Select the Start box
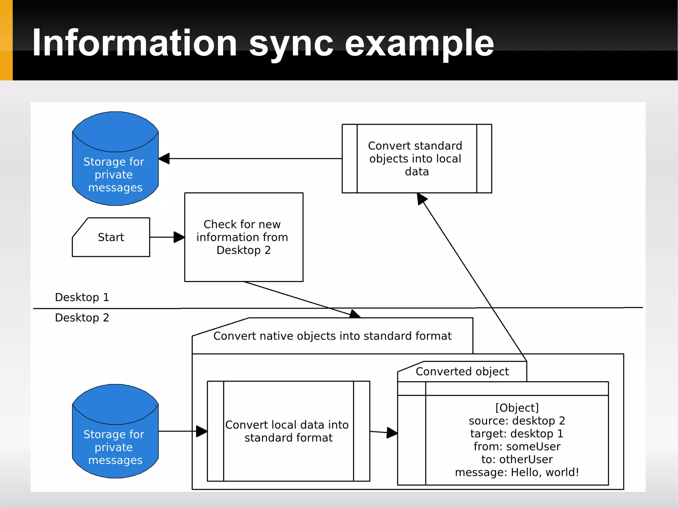pos(111,237)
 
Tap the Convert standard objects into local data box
pos(416,159)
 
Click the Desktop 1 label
pos(82,297)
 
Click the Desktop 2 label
pos(82,318)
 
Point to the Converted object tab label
pos(462,372)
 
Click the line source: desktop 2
pos(517,421)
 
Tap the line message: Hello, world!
pos(517,472)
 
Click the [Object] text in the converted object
pos(517,408)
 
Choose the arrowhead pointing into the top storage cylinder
pos(165,159)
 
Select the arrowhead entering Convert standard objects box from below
pos(421,199)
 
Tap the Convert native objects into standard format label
pos(332,336)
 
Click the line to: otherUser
pos(517,459)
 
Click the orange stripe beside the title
pos(6,40)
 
